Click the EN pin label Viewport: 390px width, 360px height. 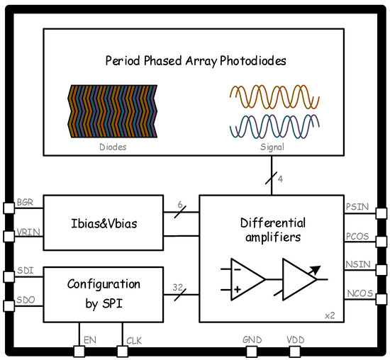(x=89, y=341)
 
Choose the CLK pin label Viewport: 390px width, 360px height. (x=134, y=341)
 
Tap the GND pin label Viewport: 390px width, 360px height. (x=252, y=340)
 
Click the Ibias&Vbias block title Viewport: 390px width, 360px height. (x=104, y=223)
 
